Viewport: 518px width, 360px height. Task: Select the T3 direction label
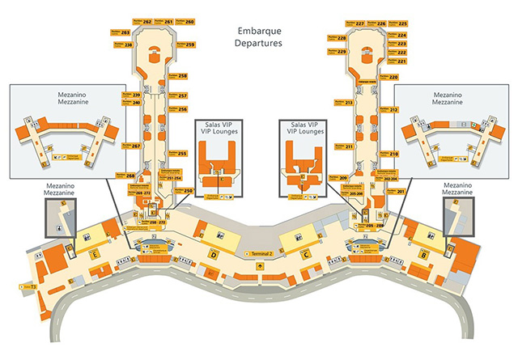[x=34, y=286]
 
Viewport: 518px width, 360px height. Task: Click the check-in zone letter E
[x=96, y=254]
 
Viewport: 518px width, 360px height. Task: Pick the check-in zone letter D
[x=213, y=255]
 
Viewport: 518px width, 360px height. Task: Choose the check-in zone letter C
[x=306, y=255]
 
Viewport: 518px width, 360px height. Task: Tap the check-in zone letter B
[x=423, y=255]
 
